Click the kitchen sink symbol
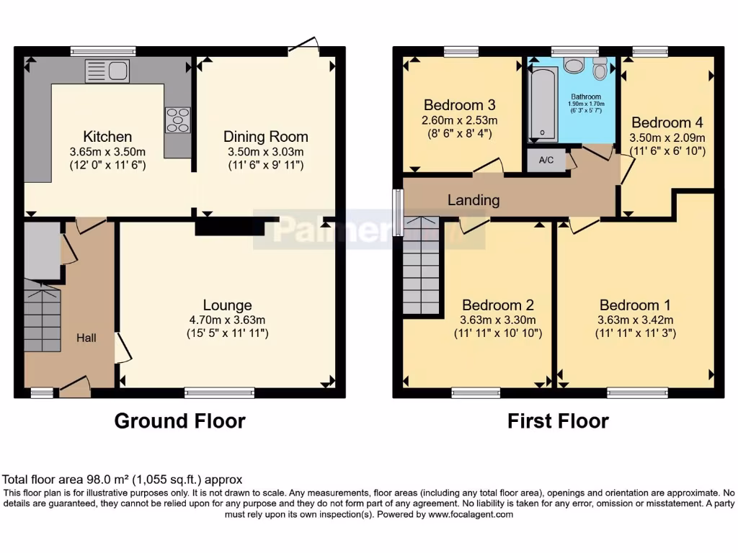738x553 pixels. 107,71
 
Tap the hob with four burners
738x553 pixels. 178,120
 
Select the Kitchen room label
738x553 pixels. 107,137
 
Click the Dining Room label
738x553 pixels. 265,137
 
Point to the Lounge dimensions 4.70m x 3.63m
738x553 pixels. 227,319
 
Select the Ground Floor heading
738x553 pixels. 179,421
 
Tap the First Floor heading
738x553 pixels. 558,421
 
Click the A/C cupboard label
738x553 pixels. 546,161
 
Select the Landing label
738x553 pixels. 473,200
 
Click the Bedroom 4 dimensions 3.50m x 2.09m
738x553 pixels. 667,137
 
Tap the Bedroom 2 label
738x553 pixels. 498,305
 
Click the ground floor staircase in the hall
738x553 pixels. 43,316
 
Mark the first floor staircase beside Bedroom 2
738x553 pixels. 421,266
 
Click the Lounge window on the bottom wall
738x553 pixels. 219,392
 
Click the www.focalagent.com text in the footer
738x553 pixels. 472,515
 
